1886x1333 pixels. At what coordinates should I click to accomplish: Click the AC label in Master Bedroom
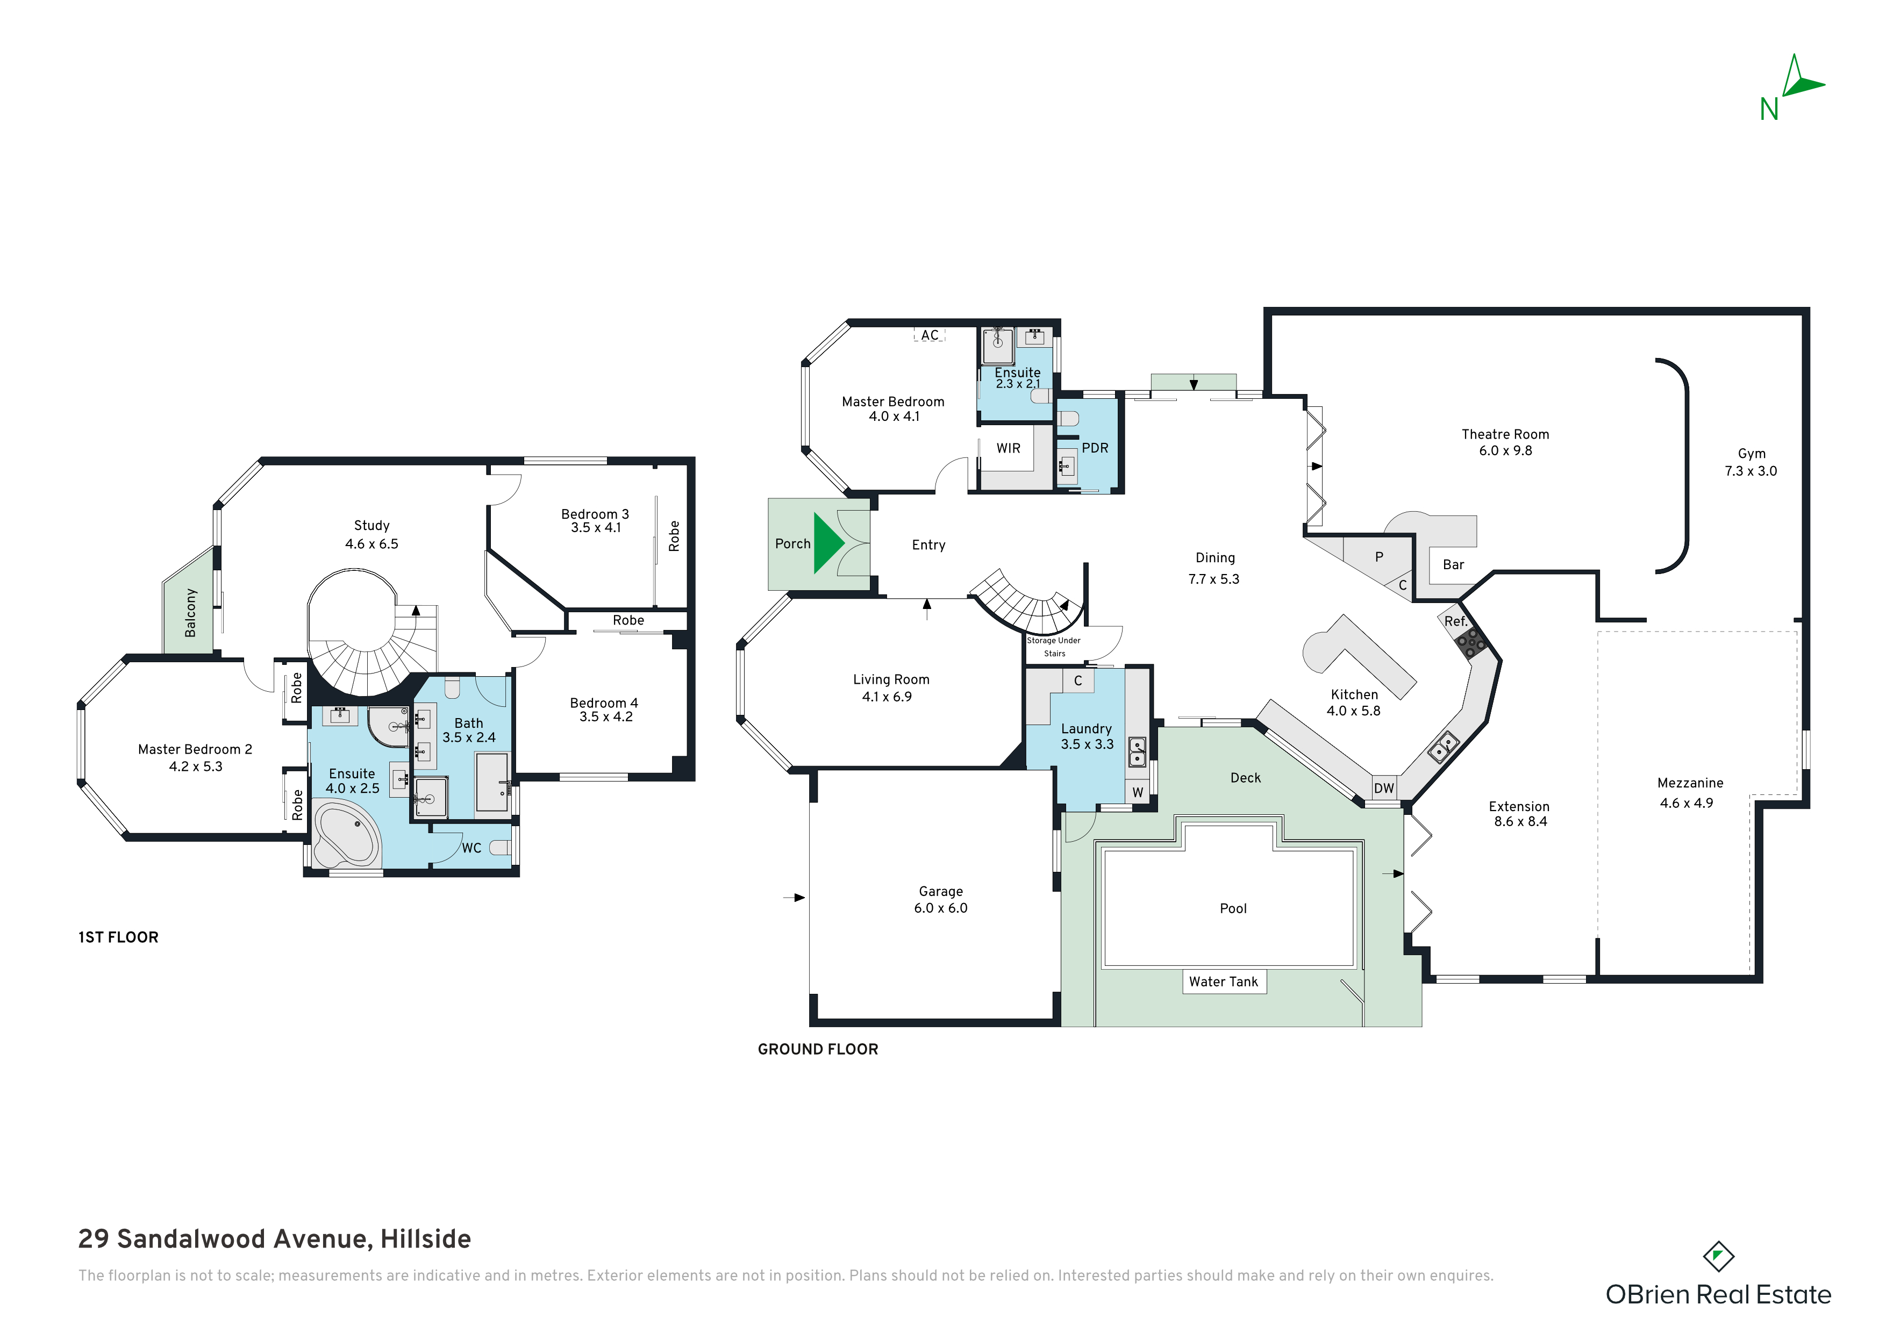point(930,335)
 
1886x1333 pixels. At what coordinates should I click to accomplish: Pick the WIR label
point(1009,448)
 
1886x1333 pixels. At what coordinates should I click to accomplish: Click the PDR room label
point(1095,448)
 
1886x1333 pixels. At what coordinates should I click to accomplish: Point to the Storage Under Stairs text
point(1054,647)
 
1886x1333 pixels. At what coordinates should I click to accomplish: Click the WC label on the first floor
point(471,848)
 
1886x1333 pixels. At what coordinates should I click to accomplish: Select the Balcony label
point(190,613)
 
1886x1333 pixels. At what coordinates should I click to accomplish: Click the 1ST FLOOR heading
point(118,937)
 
